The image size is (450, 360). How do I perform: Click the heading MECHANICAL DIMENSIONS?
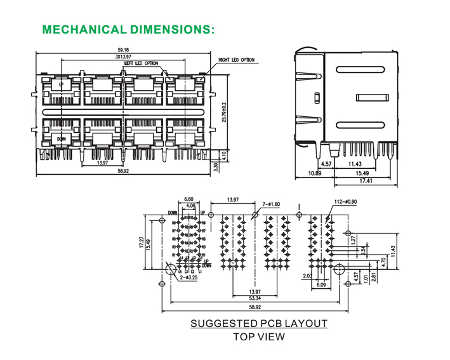pos(128,29)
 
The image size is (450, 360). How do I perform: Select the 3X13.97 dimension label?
pos(123,57)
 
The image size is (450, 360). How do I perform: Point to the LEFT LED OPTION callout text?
pos(141,63)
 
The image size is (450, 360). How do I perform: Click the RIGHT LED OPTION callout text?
pos(236,60)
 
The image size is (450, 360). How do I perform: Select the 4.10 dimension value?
pos(223,155)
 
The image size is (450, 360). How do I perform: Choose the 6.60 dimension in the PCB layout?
pos(189,199)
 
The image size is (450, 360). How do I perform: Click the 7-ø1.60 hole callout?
pos(271,203)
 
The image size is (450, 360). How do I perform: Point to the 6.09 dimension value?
pos(322,285)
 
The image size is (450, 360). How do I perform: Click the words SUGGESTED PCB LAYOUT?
pos(259,324)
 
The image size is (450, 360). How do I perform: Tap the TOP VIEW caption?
pos(259,337)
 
